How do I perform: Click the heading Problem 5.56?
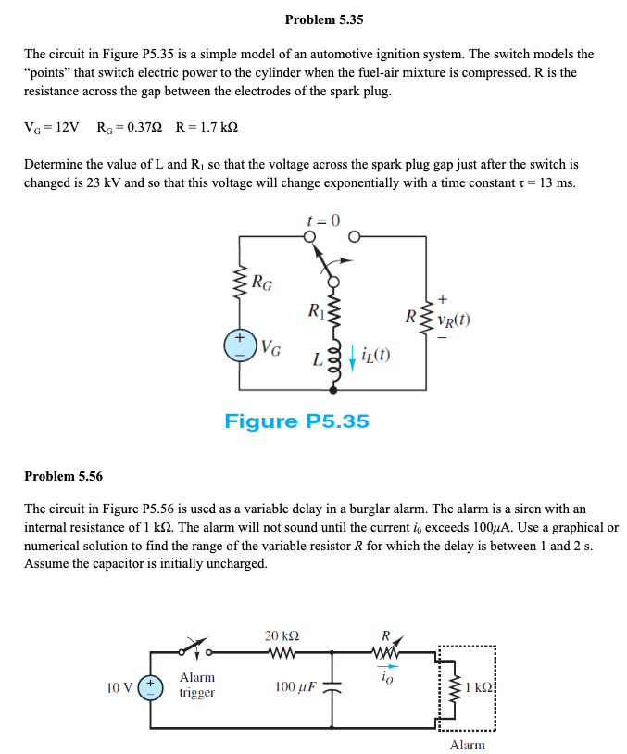63,476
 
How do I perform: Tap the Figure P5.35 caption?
296,421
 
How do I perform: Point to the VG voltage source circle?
240,346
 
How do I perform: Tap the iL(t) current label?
372,356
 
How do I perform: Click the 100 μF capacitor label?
295,687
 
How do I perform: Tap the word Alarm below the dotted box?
467,745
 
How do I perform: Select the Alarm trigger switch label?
197,685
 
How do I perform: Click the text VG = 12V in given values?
52,126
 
